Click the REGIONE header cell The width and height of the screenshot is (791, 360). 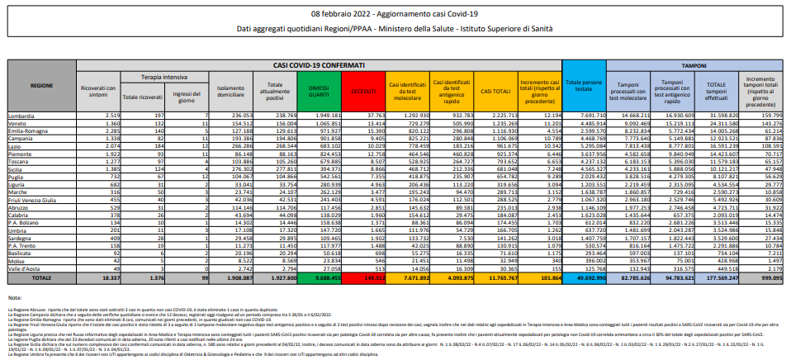pos(42,85)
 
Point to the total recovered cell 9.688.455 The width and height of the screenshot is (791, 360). pos(315,279)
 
